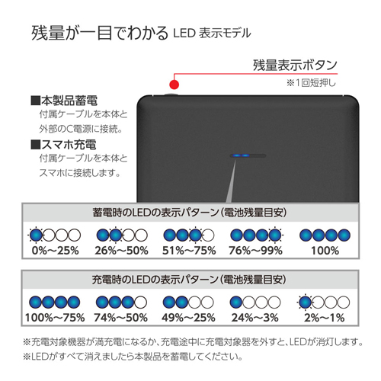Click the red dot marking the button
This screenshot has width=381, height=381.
[x=174, y=85]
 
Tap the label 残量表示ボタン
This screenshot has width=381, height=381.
[x=295, y=65]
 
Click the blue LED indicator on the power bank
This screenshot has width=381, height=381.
[x=242, y=155]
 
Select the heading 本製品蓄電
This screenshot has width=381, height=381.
[x=64, y=101]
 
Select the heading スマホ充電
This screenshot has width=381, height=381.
[x=63, y=145]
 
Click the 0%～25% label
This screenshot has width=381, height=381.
[x=55, y=251]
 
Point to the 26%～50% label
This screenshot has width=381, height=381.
[x=122, y=251]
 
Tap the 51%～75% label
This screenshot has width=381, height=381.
[x=189, y=251]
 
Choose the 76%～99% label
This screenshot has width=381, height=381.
[x=255, y=251]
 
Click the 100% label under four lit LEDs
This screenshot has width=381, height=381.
[x=325, y=251]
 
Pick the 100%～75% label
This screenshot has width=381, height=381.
[x=55, y=318]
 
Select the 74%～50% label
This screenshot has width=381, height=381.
[x=121, y=318]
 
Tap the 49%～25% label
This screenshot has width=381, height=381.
[x=188, y=318]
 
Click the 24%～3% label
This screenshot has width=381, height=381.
[x=255, y=318]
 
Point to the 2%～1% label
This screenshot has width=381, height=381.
[x=325, y=318]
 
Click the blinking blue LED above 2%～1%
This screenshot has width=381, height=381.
[x=305, y=303]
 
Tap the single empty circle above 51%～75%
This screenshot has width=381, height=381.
[x=208, y=235]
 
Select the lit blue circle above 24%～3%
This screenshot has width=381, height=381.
[x=236, y=303]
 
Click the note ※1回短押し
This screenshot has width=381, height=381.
[x=311, y=83]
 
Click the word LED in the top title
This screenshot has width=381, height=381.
[x=184, y=34]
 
